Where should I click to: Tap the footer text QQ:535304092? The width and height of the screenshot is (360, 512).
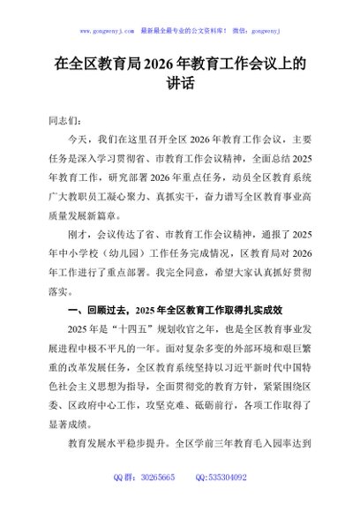pyautogui.click(x=217, y=501)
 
